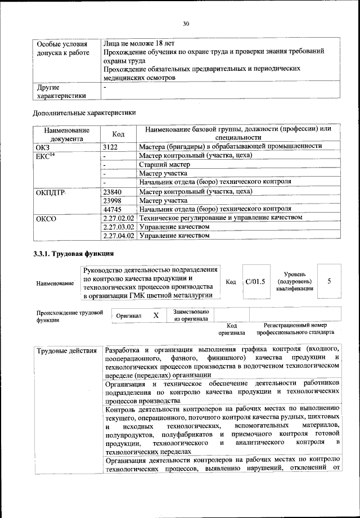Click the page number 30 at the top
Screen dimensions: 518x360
186,23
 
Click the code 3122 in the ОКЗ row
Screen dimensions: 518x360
111,146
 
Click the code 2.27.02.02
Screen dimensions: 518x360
119,218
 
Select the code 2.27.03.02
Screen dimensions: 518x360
119,227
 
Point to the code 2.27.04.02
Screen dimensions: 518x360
119,236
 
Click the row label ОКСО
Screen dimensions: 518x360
46,218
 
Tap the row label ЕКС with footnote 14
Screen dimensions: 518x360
46,155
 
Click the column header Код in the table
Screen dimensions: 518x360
118,134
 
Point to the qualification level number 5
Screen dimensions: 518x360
329,281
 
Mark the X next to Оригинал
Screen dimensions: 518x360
156,316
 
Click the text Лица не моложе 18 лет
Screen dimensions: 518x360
139,42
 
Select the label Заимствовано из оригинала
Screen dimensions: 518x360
191,316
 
